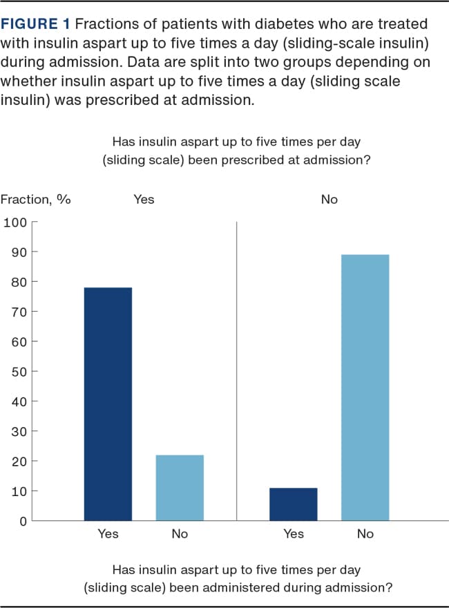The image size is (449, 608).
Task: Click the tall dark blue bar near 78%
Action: tap(108, 403)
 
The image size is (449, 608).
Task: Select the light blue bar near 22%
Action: tap(180, 487)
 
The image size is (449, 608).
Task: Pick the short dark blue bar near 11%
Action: tap(294, 504)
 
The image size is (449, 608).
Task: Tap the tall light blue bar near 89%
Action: tap(365, 388)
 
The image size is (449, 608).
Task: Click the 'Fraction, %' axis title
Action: tap(36, 200)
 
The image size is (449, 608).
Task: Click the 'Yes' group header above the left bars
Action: tap(144, 200)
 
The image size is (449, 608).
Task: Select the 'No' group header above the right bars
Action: tap(329, 200)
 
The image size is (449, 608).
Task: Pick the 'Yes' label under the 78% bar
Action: tap(108, 534)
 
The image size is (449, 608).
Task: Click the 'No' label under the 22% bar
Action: tap(180, 534)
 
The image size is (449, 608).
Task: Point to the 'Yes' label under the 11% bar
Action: tap(294, 534)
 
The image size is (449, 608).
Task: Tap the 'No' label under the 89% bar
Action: tap(365, 534)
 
